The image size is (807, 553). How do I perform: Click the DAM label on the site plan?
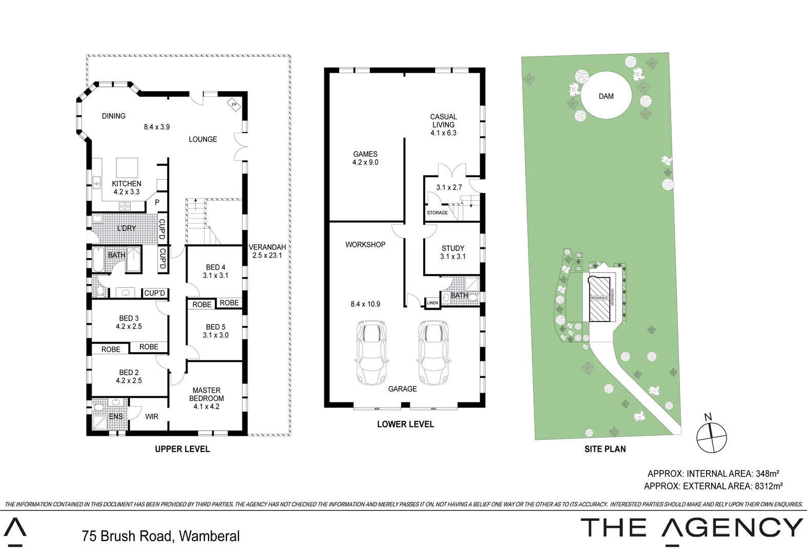(x=606, y=96)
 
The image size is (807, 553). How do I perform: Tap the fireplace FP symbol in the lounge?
(x=234, y=104)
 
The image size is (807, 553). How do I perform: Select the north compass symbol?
(x=712, y=437)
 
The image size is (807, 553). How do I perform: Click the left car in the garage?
(x=371, y=353)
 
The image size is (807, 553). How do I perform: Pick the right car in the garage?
(x=433, y=353)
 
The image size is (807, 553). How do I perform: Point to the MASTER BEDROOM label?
(x=206, y=398)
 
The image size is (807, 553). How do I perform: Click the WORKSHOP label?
(x=365, y=245)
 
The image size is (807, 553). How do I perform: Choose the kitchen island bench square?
(x=127, y=167)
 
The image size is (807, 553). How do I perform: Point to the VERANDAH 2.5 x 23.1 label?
(x=267, y=251)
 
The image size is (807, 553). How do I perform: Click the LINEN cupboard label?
(x=432, y=303)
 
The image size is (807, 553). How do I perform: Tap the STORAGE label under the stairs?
(x=438, y=212)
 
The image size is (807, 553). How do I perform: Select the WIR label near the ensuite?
(x=152, y=417)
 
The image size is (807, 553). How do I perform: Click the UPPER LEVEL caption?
(x=182, y=449)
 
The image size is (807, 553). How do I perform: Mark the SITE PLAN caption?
(x=605, y=449)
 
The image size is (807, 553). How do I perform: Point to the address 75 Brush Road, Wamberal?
(x=161, y=536)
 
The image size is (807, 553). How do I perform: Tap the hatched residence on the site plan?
(x=599, y=299)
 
